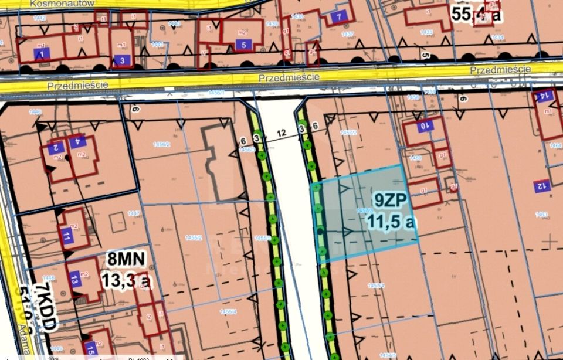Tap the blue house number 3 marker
click(121, 60)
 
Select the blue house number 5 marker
click(243, 45)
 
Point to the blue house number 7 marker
click(338, 16)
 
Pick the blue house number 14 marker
click(544, 96)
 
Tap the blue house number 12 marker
click(541, 187)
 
